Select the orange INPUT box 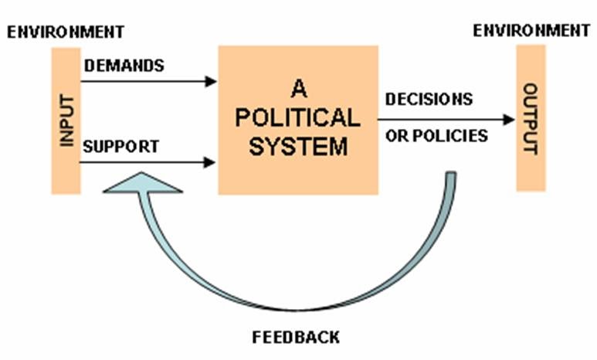pos(66,120)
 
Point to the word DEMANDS pos(124,66)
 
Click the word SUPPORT pos(121,146)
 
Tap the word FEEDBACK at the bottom pos(296,338)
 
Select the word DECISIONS pos(429,100)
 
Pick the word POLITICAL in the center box pos(297,117)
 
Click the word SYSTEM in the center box pos(297,146)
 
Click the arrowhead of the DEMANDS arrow pos(211,81)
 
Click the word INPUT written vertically pos(66,120)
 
